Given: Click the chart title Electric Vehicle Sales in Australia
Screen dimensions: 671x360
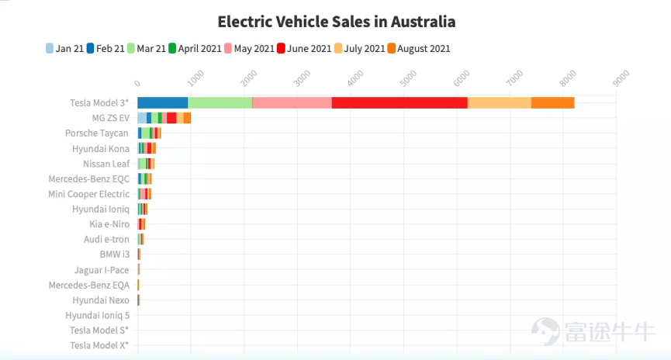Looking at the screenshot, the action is click(x=337, y=22).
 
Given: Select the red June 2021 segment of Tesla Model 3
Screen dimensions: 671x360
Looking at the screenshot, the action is click(x=399, y=102).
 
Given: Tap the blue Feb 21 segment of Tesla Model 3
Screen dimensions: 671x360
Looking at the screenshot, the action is click(x=163, y=102).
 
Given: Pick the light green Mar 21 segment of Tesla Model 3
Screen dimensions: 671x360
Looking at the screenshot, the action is click(x=220, y=102).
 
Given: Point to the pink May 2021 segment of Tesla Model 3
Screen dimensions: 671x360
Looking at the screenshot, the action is click(x=292, y=102).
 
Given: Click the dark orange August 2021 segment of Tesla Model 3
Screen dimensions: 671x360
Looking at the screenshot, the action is click(x=553, y=102).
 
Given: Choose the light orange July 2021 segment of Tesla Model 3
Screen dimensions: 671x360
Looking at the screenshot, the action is click(x=500, y=102).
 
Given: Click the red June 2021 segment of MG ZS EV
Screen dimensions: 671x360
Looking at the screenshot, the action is click(x=171, y=118).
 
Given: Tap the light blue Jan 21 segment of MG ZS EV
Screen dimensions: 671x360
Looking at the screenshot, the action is click(x=142, y=118).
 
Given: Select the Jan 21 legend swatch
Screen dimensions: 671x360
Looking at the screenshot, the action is click(x=50, y=48).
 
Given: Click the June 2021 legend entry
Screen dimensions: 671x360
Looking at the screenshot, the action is click(x=304, y=48).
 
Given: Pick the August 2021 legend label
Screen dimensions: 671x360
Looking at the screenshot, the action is click(x=424, y=48).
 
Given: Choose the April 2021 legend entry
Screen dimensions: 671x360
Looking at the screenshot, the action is click(x=195, y=48).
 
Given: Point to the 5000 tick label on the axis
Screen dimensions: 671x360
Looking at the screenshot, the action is click(x=409, y=78).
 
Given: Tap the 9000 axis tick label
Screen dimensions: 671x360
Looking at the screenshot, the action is click(x=621, y=78).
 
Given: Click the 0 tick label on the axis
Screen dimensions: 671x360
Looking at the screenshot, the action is click(x=137, y=83).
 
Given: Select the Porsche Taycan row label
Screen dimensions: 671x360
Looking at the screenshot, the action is click(x=97, y=133).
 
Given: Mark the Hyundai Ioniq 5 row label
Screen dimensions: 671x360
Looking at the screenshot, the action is click(x=97, y=316).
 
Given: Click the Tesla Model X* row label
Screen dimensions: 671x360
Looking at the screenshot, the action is click(x=99, y=345).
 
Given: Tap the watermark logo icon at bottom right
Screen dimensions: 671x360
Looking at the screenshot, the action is click(x=545, y=331).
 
